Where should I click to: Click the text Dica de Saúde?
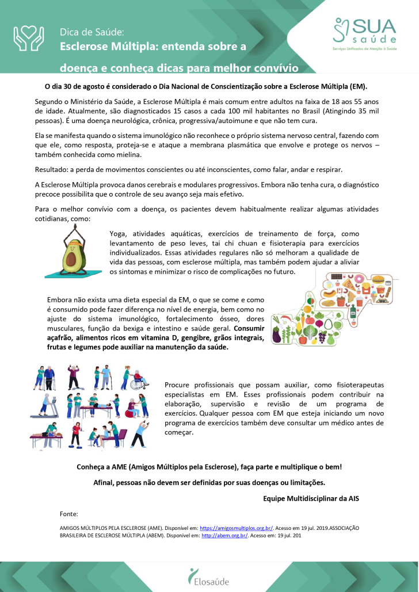pos(92,32)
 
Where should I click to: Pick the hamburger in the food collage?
pos(378,280)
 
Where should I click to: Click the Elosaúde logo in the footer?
pos(209,575)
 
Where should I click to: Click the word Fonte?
pos(68,513)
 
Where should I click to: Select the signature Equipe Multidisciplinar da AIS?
pos(311,498)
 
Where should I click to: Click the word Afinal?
pos(105,482)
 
